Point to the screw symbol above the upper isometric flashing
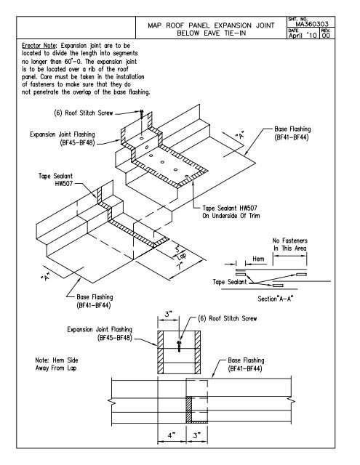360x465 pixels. [143, 116]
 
